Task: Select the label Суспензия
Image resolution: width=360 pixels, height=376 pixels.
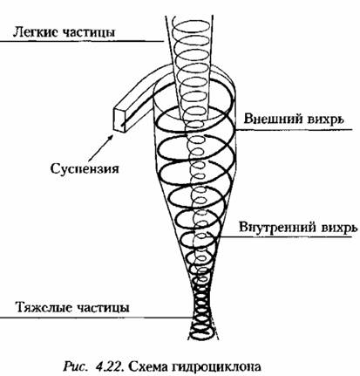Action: click(85, 168)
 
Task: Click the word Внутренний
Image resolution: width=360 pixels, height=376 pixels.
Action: click(277, 227)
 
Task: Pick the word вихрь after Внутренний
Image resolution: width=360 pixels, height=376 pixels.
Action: click(338, 228)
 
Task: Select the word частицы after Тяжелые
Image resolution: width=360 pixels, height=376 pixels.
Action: click(103, 308)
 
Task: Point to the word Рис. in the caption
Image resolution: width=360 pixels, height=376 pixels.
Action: click(75, 366)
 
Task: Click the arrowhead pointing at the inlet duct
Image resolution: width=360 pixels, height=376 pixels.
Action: click(111, 137)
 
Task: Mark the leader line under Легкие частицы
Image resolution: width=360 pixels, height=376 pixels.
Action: click(82, 41)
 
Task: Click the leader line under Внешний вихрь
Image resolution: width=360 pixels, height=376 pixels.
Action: click(294, 130)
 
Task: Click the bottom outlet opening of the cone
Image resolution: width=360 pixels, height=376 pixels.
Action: click(205, 337)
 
